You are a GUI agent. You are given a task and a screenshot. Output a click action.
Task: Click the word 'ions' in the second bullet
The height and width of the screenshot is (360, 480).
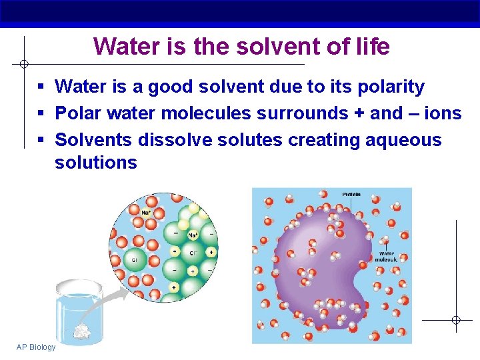443,113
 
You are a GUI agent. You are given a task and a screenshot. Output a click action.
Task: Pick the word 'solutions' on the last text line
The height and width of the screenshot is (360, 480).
96,163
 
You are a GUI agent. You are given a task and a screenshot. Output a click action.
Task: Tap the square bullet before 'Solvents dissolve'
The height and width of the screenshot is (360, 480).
41,141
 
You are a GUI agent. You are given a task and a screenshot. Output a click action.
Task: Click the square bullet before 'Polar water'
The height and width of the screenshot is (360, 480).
41,114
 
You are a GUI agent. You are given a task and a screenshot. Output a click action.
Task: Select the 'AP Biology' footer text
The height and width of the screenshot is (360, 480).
37,347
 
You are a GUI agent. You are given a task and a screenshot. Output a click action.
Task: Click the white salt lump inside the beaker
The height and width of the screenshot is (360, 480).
83,329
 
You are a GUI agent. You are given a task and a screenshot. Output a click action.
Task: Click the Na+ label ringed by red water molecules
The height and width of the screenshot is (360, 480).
145,213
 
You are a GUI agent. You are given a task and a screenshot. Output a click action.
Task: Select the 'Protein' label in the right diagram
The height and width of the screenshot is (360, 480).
351,194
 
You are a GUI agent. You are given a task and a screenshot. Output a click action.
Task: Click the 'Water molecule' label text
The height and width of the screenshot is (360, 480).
386,257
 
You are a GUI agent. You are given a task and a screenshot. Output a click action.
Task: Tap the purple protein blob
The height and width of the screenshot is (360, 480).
320,260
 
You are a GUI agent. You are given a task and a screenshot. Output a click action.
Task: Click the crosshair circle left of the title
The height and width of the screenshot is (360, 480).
23,64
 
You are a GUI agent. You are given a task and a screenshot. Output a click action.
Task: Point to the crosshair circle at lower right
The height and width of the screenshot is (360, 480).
456,320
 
